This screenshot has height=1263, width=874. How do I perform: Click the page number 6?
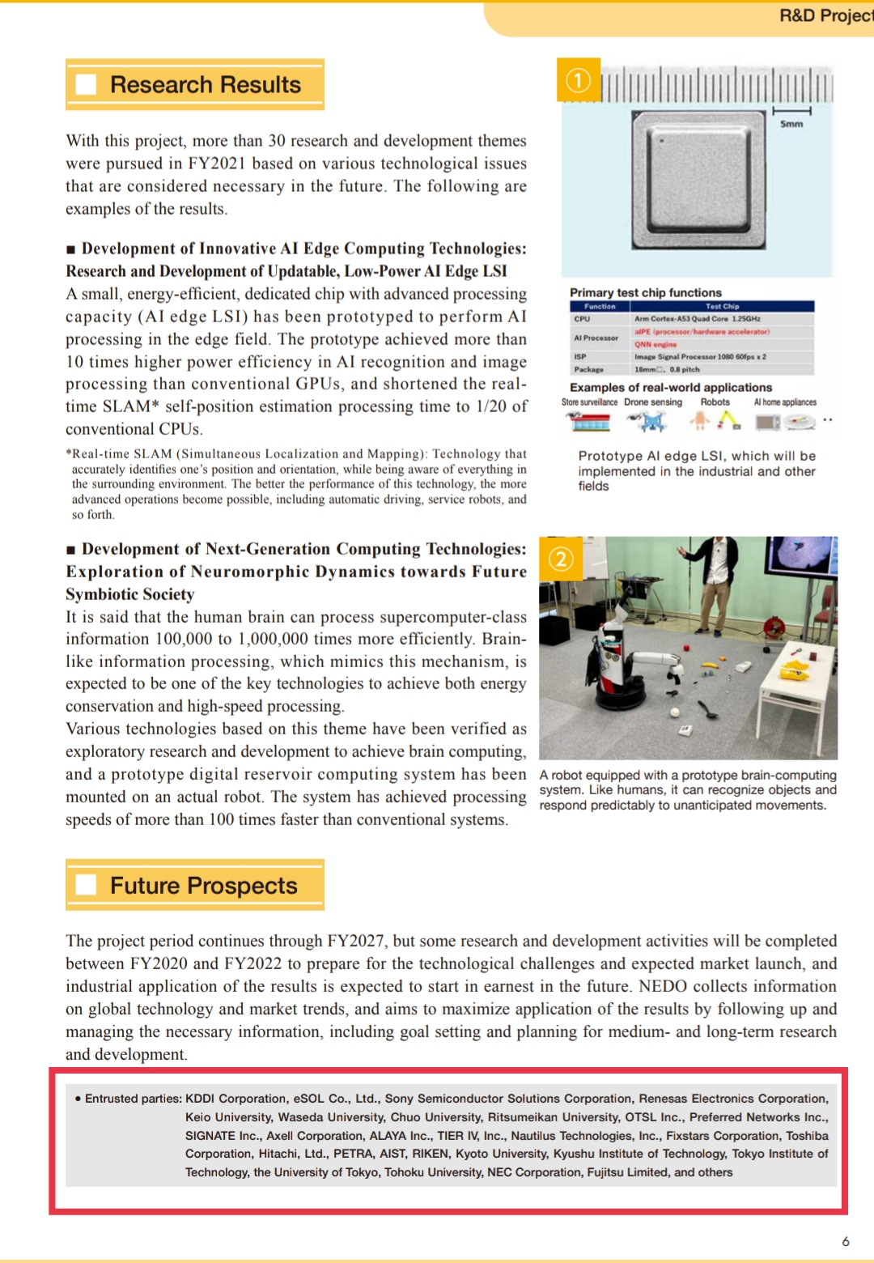point(846,1241)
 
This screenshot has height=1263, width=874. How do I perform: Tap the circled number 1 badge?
point(578,80)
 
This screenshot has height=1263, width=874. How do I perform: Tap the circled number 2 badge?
point(561,559)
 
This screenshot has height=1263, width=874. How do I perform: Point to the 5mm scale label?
point(791,124)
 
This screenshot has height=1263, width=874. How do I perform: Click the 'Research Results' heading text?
point(206,85)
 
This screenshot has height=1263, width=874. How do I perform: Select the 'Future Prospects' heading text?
point(204,886)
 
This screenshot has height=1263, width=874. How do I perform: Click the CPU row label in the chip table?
point(582,319)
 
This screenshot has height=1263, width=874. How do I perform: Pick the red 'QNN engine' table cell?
point(655,344)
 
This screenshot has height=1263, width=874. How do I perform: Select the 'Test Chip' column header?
point(722,307)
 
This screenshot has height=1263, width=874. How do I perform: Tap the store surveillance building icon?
point(588,421)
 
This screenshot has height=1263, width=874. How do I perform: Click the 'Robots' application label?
point(715,402)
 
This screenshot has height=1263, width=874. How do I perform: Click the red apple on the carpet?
point(685,649)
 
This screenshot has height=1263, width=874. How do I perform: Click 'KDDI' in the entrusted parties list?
point(201,1099)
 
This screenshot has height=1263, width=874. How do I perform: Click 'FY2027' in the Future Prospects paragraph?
point(355,941)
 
